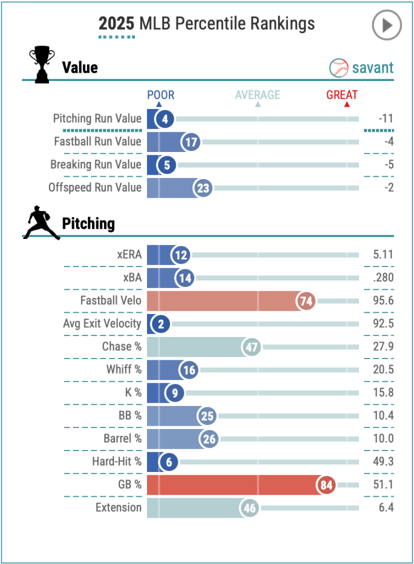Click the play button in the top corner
[387, 25]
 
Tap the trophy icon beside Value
[41, 64]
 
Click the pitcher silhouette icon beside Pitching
[42, 223]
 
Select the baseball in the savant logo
[339, 68]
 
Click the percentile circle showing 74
[306, 301]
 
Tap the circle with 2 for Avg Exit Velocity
[161, 324]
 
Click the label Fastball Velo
[111, 301]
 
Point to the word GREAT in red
[342, 95]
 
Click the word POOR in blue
[161, 95]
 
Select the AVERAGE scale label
[258, 95]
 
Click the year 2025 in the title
[116, 24]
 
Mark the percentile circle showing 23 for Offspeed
[203, 188]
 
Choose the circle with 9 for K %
[174, 393]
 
